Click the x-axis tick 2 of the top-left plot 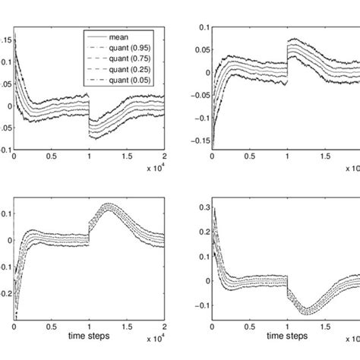click(x=163, y=156)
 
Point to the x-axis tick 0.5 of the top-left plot click(x=51, y=156)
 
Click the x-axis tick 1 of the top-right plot click(x=287, y=156)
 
